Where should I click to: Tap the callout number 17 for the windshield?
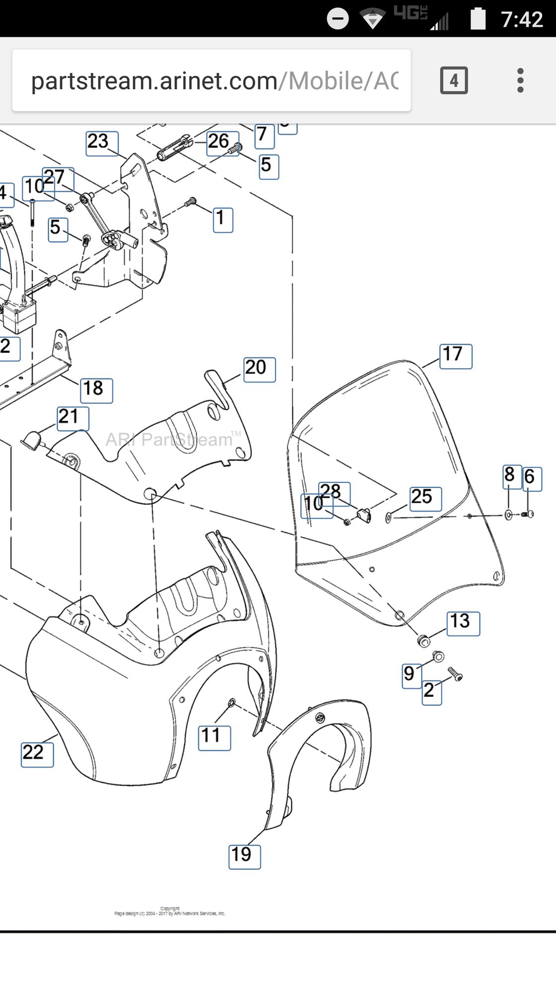pos(456,356)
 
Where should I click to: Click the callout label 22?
pos(37,755)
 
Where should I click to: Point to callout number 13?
pos(463,623)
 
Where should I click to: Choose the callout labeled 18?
pos(96,390)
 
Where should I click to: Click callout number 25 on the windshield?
pos(425,499)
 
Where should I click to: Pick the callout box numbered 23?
pos(102,144)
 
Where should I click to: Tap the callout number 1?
pos(223,220)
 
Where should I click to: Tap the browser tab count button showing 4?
pos(454,80)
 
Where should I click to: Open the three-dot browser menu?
pos(520,80)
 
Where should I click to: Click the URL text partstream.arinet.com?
pos(154,81)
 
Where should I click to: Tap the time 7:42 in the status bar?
pos(522,19)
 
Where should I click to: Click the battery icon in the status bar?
pos(478,19)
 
